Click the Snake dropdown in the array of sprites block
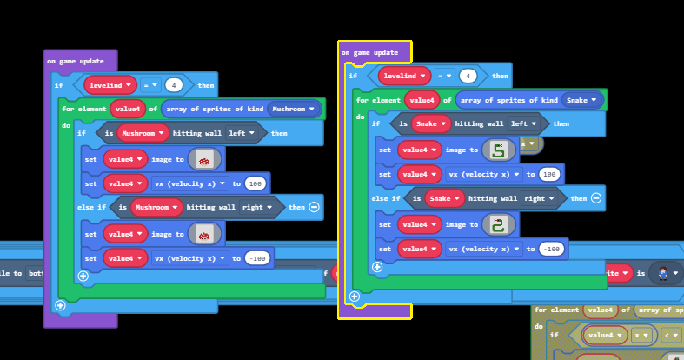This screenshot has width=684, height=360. pos(583,100)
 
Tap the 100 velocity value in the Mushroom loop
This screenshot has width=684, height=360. pos(255,183)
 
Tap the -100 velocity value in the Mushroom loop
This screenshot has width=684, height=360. pos(256,257)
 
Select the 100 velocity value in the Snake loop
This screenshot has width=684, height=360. pos(548,174)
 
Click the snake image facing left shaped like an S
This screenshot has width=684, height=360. pos(498,150)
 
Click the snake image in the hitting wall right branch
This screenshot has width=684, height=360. pos(498,224)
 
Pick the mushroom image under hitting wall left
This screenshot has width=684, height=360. pos(205,159)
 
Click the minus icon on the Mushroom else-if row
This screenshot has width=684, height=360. pos(315,207)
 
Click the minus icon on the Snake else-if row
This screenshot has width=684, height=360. pos(596,198)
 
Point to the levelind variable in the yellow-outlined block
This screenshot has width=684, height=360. pos(404,76)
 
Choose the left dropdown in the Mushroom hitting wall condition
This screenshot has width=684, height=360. pos(241,133)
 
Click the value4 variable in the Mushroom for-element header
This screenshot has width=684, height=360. pos(127,109)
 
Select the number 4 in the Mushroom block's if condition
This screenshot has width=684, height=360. pos(175,85)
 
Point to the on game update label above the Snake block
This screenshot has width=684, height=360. pos(369,53)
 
